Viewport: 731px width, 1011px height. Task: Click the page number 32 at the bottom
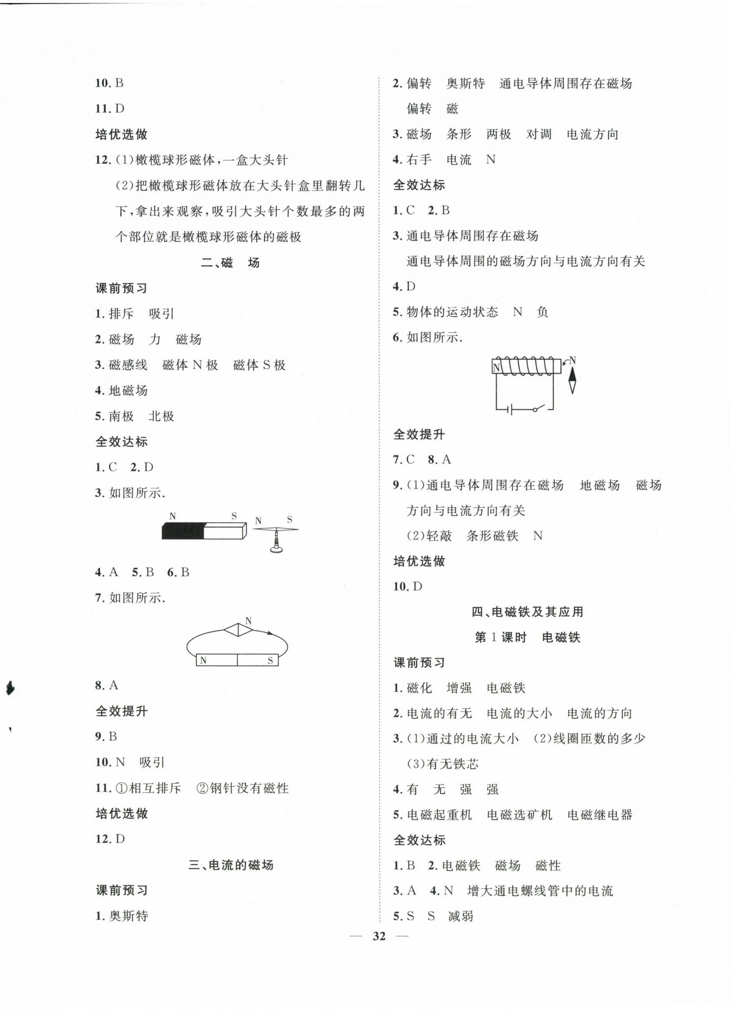(x=379, y=936)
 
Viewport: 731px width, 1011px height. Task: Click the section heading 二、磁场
(x=230, y=263)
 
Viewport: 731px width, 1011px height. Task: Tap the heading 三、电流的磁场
(x=231, y=865)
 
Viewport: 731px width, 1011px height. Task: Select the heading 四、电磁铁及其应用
(x=528, y=612)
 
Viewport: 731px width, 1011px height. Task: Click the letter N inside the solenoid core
(x=496, y=368)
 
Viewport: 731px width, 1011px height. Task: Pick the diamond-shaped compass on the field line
(x=238, y=630)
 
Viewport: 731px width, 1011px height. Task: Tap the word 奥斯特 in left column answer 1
(x=128, y=916)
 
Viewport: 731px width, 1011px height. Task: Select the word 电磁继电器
(x=600, y=815)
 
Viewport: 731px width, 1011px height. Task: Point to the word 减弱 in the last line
(x=461, y=916)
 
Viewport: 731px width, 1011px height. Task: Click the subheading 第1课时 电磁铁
(x=528, y=638)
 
